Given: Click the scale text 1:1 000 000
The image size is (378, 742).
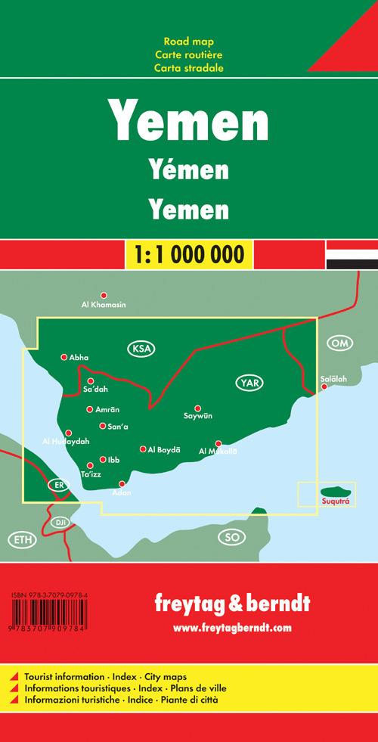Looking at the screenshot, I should pos(188,251).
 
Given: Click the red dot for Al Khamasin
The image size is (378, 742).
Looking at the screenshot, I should pos(104,296).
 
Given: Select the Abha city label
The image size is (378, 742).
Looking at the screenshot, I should pos(79,357).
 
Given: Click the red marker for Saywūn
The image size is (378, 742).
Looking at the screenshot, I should pos(197,408).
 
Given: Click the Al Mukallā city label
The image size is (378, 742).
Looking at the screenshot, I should pos(218,452).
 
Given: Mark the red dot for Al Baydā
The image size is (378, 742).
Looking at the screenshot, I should pos(143,449).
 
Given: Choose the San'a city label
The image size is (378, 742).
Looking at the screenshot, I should pos(119,427).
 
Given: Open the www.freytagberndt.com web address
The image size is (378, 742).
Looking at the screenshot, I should pos(231,628).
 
